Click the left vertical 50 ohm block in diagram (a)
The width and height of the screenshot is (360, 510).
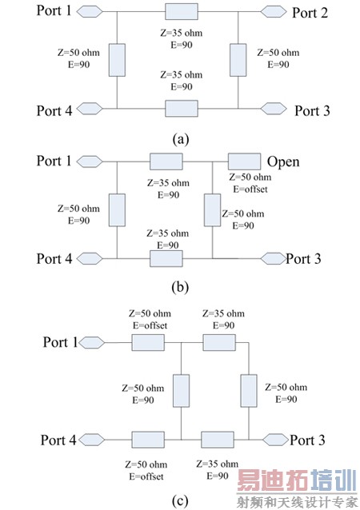[118, 60]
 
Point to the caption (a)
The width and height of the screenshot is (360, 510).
[181, 137]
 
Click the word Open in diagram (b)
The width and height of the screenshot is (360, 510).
[283, 161]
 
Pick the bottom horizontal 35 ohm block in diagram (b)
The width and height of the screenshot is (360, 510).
[166, 258]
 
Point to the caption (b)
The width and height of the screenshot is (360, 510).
[180, 286]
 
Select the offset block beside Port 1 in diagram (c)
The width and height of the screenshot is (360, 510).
[148, 342]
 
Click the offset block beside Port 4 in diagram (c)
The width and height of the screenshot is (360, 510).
[148, 440]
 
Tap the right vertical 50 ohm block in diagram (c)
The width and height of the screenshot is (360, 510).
[249, 390]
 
